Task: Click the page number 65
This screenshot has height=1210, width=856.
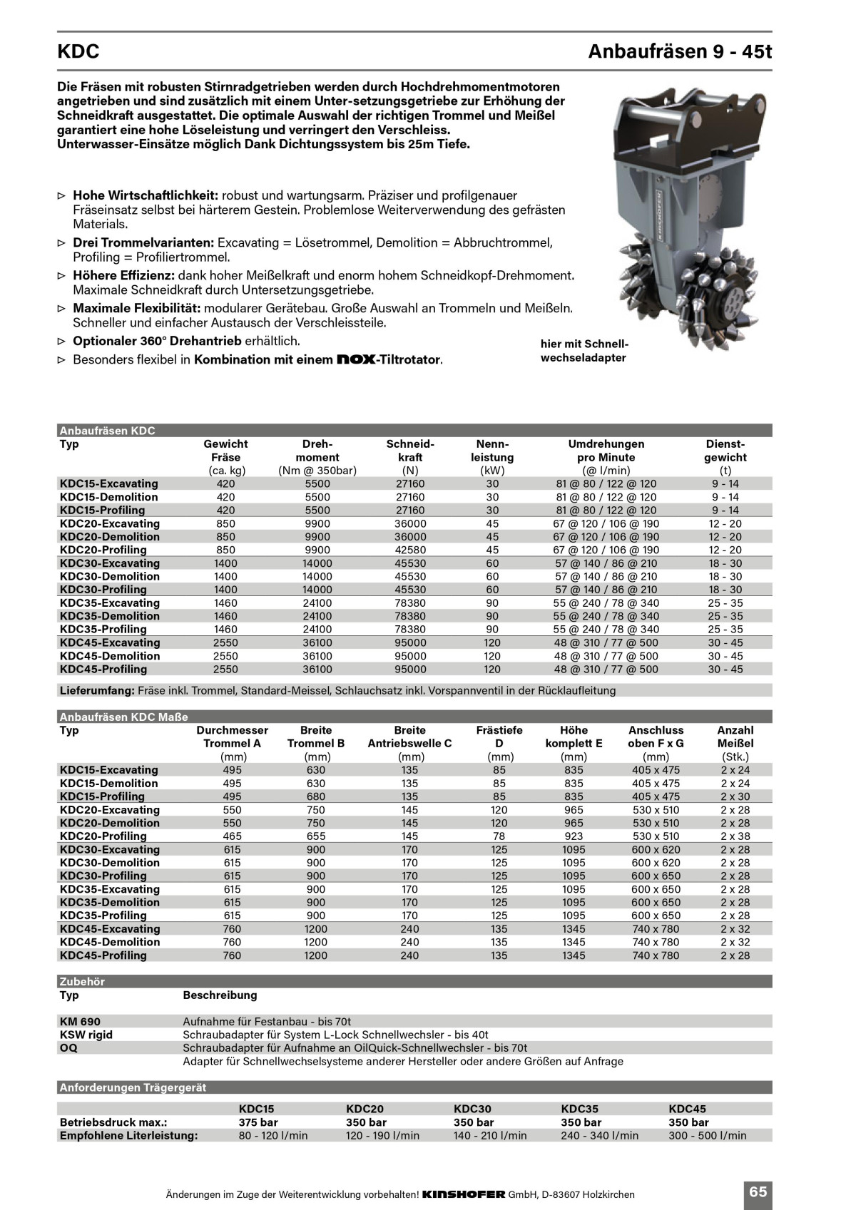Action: (x=758, y=1191)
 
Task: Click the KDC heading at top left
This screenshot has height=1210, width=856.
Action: (x=78, y=52)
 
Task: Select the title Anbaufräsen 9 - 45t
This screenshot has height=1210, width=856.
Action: (x=680, y=52)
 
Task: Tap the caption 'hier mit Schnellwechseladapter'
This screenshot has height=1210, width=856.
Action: (x=584, y=351)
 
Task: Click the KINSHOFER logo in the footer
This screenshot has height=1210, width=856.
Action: (x=464, y=1194)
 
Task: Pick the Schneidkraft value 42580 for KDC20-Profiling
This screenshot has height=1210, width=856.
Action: (x=410, y=550)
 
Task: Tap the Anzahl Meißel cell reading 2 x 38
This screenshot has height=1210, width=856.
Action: (x=735, y=836)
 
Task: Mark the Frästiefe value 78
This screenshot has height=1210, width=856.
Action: (x=499, y=836)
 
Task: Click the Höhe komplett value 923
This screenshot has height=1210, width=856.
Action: (x=574, y=836)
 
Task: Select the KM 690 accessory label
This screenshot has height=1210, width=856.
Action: (x=80, y=1022)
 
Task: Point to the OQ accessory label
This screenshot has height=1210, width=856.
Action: (x=68, y=1048)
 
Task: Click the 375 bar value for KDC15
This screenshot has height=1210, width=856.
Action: (x=258, y=1122)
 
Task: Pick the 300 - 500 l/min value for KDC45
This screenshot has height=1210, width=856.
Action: (x=707, y=1136)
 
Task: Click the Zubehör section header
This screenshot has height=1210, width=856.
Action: (x=82, y=982)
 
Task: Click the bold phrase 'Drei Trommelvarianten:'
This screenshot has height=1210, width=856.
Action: (x=143, y=242)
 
